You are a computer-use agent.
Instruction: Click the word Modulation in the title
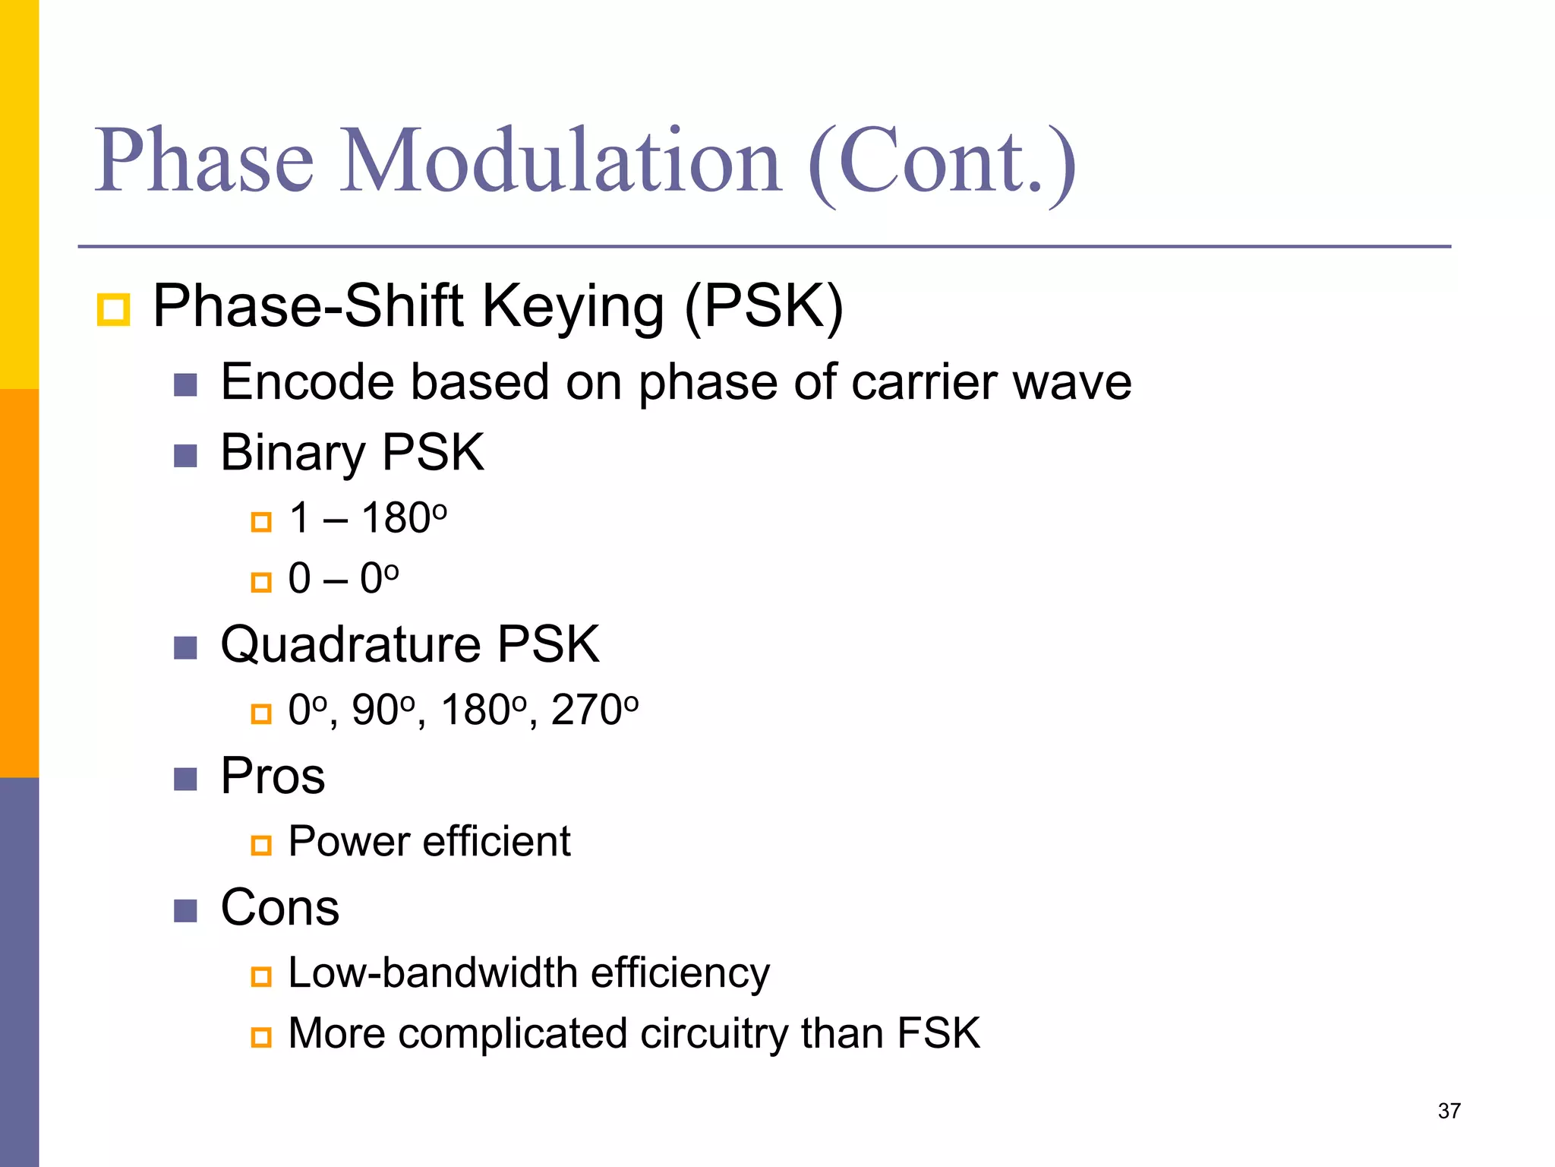560,161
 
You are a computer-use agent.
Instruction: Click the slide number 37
1449,1111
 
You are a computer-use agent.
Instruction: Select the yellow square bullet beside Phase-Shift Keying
114,310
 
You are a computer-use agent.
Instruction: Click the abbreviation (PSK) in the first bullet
764,306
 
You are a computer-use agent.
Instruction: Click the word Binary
293,453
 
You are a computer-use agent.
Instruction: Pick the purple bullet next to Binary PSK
185,456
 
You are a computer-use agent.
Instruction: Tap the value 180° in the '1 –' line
404,518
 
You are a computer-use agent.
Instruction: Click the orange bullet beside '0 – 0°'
261,583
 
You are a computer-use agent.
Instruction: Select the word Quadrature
351,645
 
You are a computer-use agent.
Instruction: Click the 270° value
595,710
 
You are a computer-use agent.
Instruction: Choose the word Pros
273,776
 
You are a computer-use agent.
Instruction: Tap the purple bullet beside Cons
185,910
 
